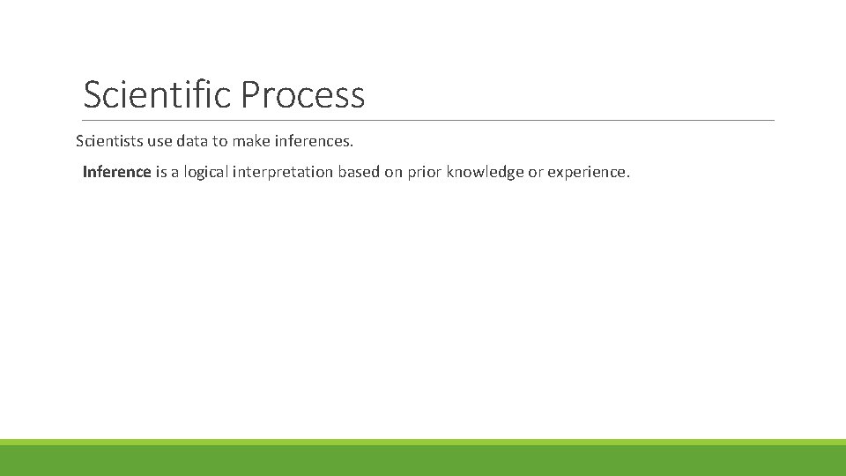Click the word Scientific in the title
pos(158,94)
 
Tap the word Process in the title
pos(302,94)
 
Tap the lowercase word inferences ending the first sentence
pos(312,141)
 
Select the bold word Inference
pos(116,172)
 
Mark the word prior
pos(425,172)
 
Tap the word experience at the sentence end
pos(588,172)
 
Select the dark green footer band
pos(423,460)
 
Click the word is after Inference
pos(160,172)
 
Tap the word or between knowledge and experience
pos(535,172)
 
